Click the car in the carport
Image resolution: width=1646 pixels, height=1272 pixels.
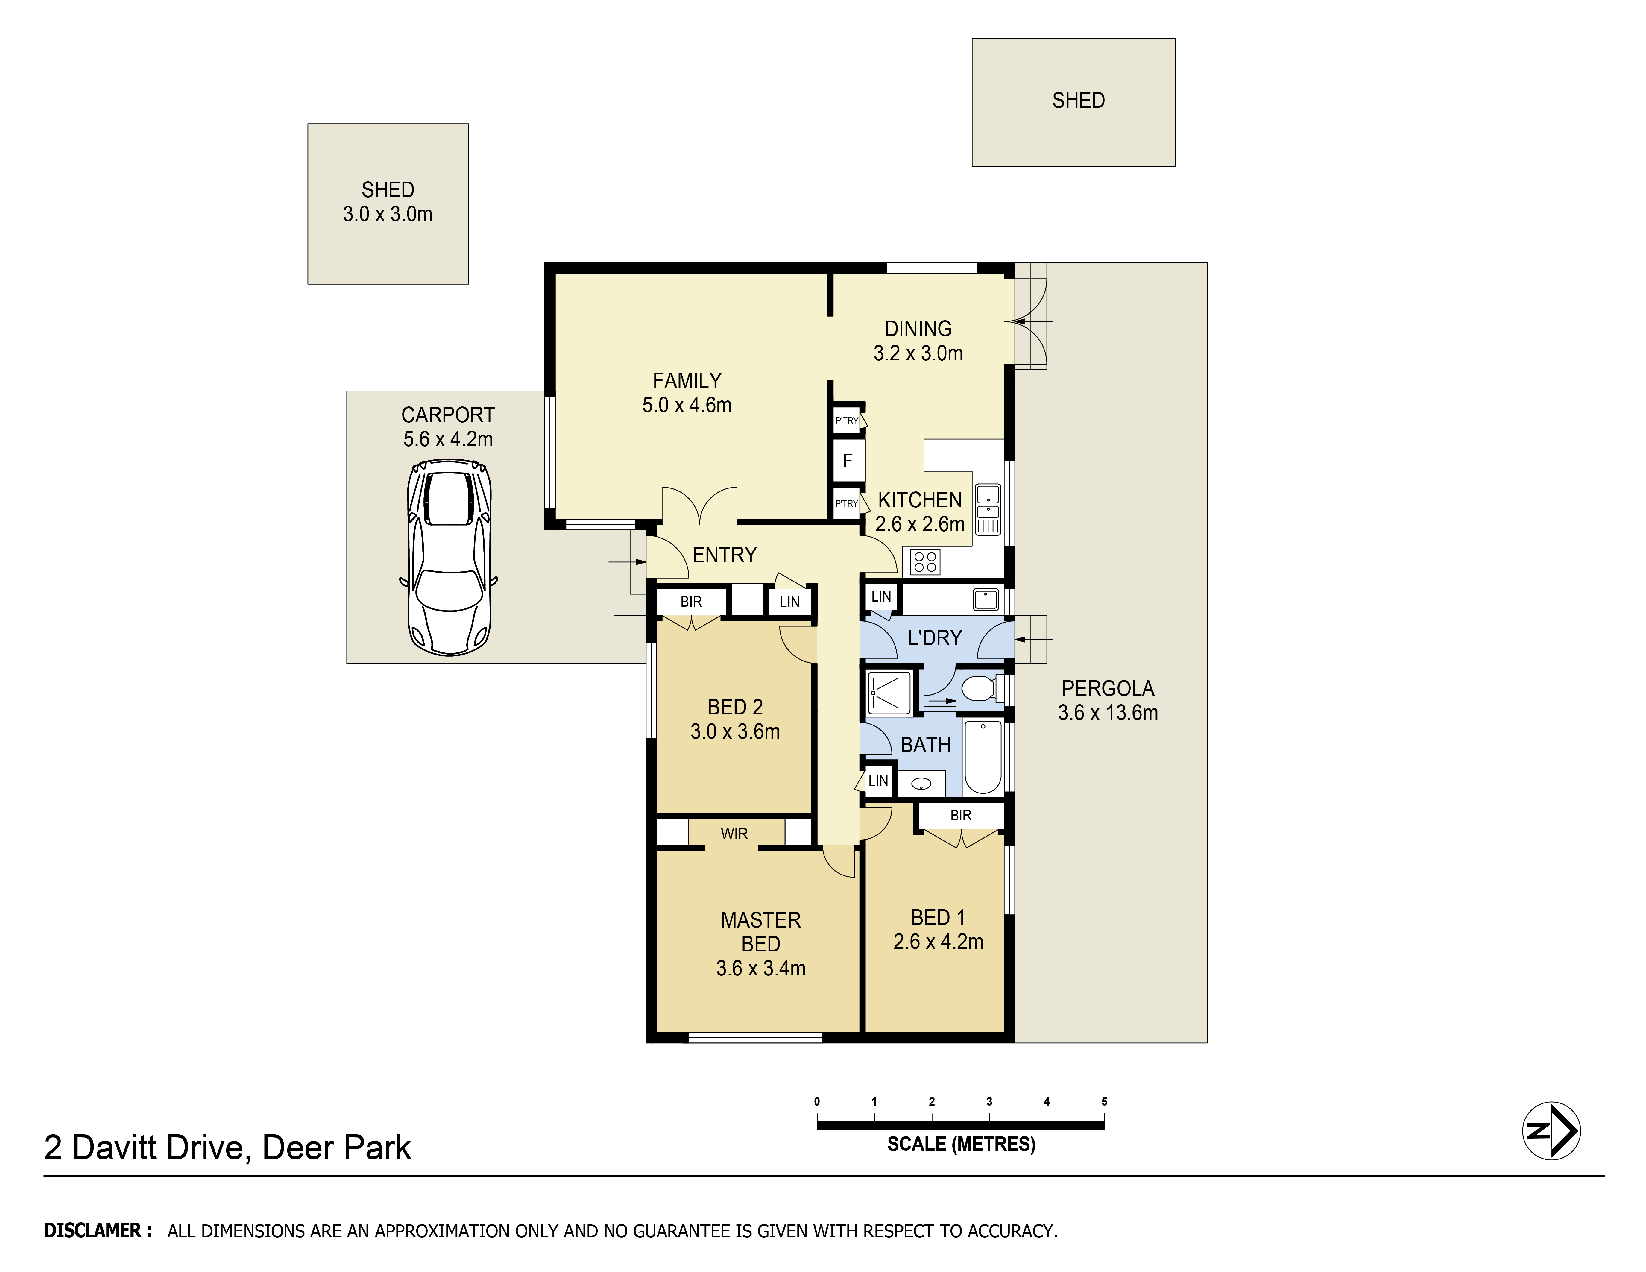[448, 558]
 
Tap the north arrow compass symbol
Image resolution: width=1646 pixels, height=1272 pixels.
[1551, 1130]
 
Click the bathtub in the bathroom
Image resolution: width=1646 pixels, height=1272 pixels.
[983, 757]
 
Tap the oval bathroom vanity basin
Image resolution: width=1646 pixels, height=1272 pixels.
[921, 784]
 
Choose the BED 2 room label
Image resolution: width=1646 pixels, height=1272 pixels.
[735, 707]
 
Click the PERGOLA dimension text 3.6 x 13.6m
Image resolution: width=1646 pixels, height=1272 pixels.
[1108, 712]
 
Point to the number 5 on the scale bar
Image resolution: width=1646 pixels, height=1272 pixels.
[1104, 1101]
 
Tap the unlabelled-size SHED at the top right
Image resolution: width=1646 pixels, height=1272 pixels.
[1073, 102]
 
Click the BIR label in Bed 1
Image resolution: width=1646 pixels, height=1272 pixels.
[961, 815]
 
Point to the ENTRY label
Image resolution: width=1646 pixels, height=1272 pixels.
[724, 555]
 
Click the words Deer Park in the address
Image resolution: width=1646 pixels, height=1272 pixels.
[336, 1148]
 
